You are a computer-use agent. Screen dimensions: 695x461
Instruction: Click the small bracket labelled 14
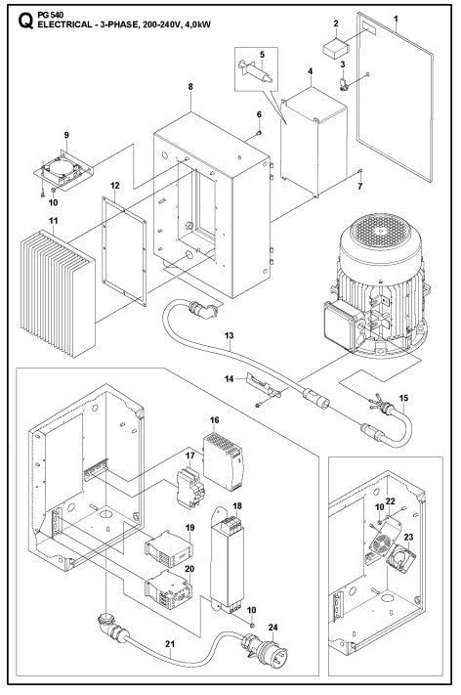265,388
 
